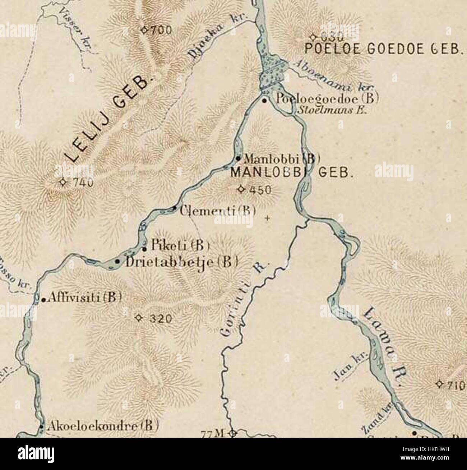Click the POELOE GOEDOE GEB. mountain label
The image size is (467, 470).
point(382,48)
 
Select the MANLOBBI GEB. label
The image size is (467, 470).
point(291,173)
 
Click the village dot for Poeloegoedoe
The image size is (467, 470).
point(264,101)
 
